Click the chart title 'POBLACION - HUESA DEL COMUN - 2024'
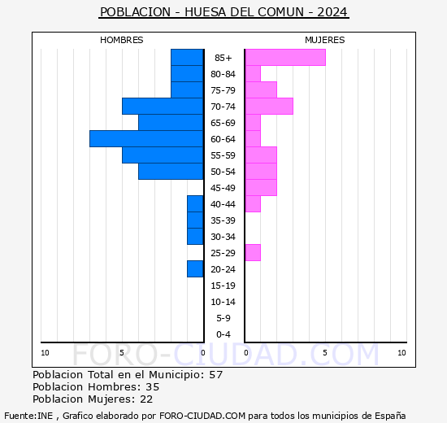[x=223, y=12]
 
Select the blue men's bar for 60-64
[x=146, y=139]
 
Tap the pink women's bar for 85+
[x=285, y=57]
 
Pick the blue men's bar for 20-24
[x=195, y=269]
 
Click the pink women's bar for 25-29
[x=253, y=253]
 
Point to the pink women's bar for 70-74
[x=269, y=107]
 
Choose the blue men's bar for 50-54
[x=171, y=172]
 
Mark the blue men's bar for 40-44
[x=195, y=204]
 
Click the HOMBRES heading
[x=122, y=40]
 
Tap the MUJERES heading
[x=325, y=40]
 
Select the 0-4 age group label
[x=223, y=334]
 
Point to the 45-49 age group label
[x=223, y=188]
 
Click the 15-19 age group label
[x=223, y=286]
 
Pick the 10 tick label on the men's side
[x=46, y=352]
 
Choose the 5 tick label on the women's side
[x=325, y=352]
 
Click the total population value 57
[x=215, y=375]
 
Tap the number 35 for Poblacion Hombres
[x=153, y=387]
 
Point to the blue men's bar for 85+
[x=187, y=57]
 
